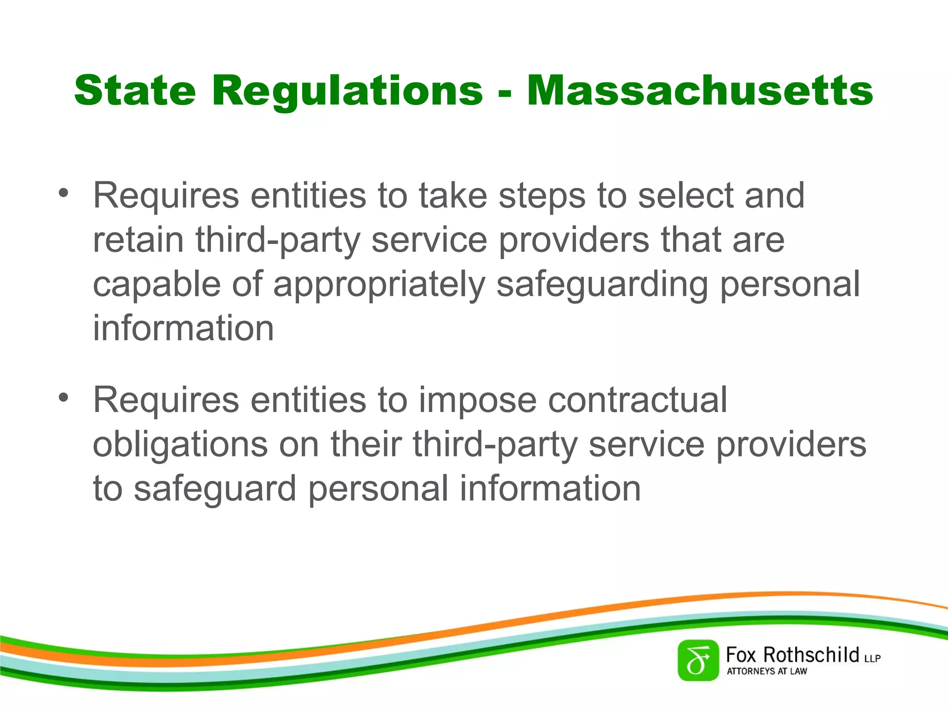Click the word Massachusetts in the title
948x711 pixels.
699,91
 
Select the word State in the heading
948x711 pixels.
135,91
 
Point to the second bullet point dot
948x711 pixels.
63,397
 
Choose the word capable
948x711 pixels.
156,285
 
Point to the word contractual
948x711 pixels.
637,399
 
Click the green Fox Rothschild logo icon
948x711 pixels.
698,661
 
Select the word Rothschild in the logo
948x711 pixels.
811,655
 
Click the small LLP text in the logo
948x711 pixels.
872,658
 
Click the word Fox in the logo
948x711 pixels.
741,655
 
